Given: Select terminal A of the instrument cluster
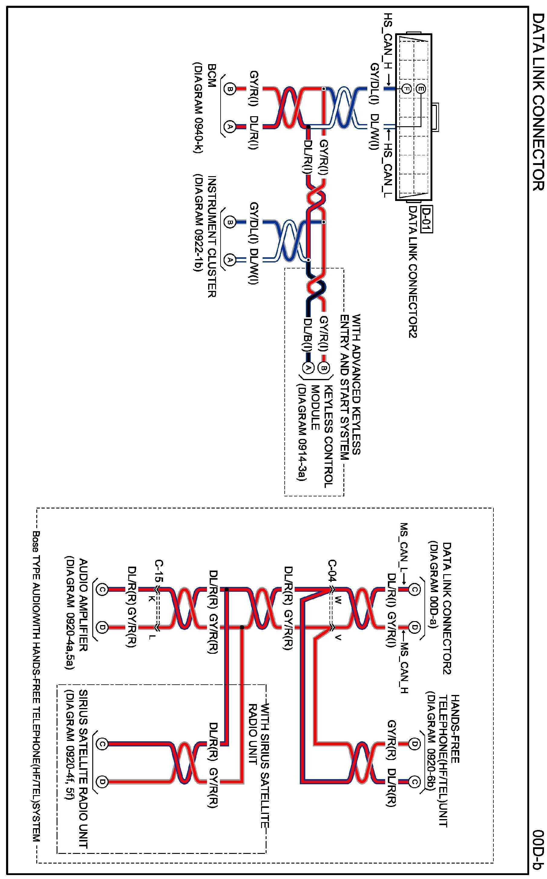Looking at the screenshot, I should pos(229,259).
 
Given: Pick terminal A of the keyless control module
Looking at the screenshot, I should pos(307,367).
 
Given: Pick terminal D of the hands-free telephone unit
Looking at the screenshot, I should pos(414,744).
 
